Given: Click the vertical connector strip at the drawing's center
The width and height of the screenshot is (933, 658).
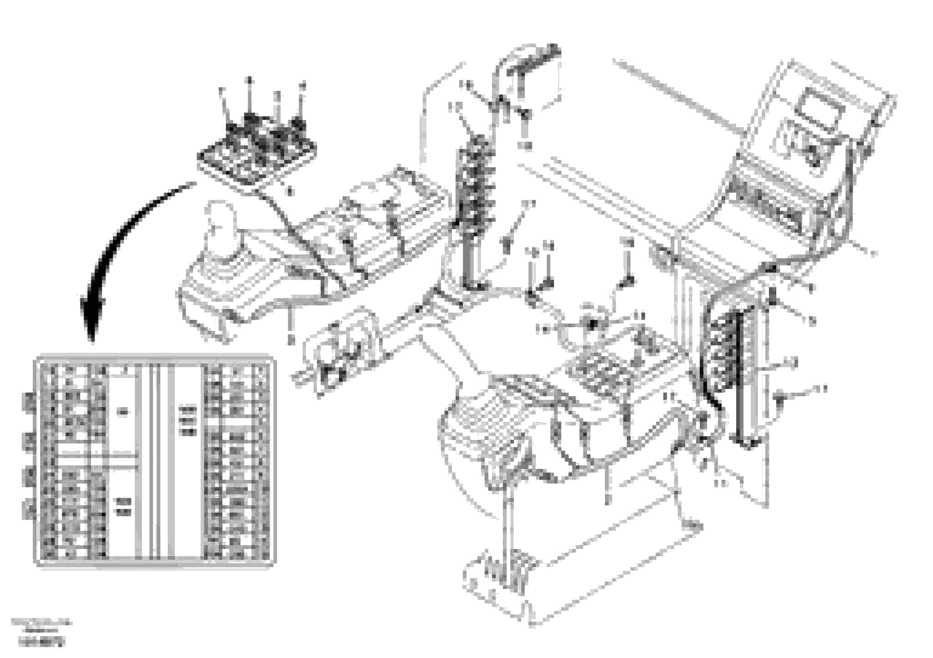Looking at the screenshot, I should [476, 203].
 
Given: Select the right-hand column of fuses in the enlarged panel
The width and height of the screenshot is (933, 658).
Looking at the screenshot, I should [238, 461].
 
